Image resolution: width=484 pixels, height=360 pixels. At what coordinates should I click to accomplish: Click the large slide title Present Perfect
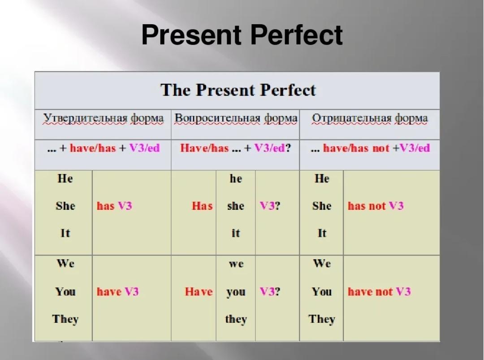tap(242, 35)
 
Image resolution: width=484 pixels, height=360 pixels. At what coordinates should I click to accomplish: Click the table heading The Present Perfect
tap(238, 90)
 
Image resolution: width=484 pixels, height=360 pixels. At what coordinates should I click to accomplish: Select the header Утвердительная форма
tap(104, 118)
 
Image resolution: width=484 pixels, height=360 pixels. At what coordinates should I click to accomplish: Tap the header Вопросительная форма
tap(236, 118)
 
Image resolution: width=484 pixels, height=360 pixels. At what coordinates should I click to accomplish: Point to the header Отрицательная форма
tap(370, 118)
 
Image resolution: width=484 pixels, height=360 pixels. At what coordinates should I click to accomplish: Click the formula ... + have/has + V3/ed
tap(104, 148)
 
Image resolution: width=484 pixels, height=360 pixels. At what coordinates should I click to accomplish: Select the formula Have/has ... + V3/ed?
tap(236, 148)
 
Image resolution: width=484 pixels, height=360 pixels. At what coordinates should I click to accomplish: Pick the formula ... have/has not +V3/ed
tap(370, 148)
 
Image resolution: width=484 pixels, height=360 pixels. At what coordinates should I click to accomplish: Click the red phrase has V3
tap(115, 206)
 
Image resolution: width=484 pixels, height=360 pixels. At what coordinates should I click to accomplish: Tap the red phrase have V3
tap(117, 292)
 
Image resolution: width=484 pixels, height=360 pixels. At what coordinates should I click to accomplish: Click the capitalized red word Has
tap(202, 206)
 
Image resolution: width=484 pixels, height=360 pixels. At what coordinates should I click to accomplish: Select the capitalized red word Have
tap(199, 292)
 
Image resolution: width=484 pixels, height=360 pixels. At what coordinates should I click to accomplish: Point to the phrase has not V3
tap(376, 206)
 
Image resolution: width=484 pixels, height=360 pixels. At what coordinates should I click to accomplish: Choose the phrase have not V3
tap(380, 292)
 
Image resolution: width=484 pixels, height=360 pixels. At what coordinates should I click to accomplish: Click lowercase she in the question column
tap(236, 206)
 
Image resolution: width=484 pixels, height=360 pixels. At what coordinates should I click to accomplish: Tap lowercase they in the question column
tap(236, 319)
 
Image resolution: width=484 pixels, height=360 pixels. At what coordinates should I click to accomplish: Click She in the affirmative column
tap(65, 206)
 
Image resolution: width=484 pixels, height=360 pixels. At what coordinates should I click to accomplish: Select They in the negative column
tap(322, 319)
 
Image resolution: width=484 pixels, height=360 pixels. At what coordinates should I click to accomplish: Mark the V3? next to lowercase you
tap(270, 292)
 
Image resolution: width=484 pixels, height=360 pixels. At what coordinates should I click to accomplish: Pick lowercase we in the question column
tap(236, 264)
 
